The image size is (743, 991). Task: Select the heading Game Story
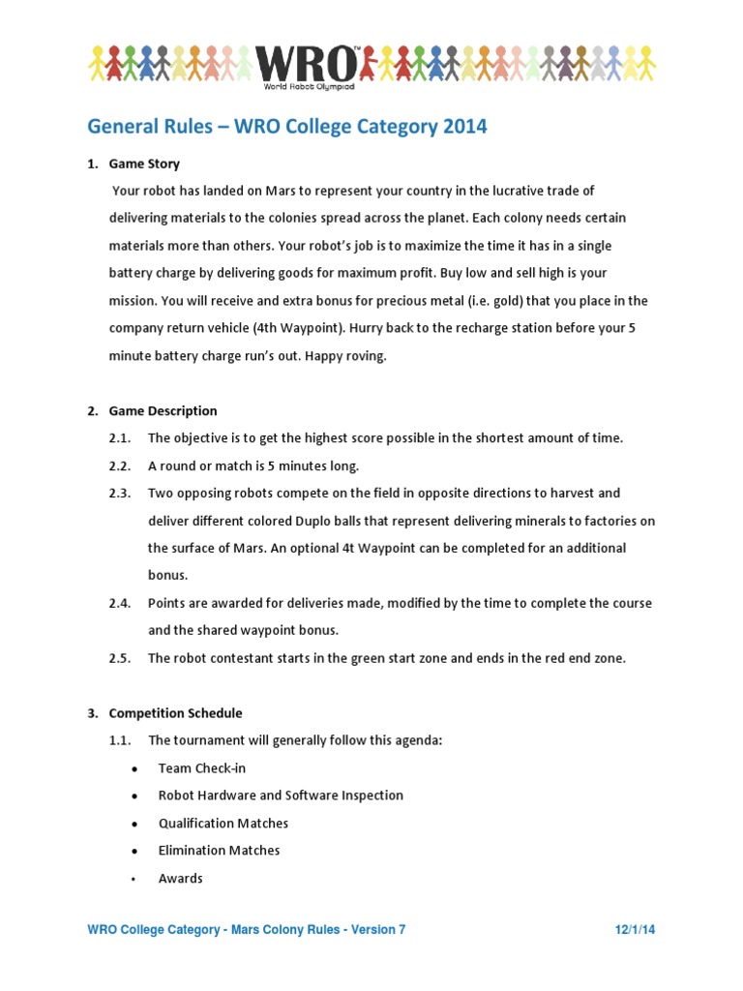tap(144, 164)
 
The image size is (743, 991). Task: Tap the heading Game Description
tap(163, 410)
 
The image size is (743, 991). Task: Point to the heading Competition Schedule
tap(175, 713)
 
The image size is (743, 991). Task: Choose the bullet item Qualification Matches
tap(223, 824)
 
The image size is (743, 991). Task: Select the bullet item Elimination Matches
tap(220, 851)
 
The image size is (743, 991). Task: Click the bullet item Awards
tap(181, 879)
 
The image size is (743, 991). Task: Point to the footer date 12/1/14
tap(635, 930)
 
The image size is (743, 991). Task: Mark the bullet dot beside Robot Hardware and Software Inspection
tap(134, 796)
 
